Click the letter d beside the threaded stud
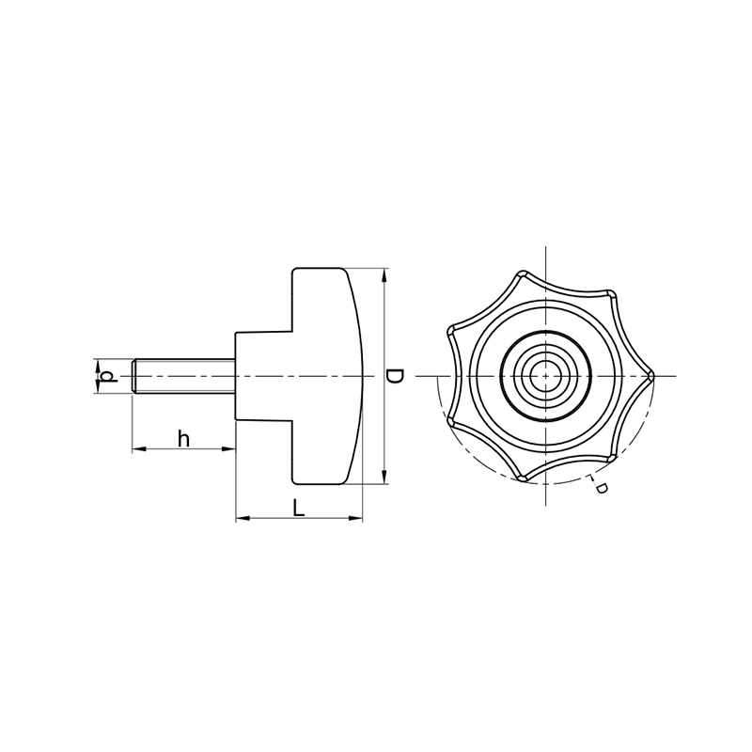pos(110,377)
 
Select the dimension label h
pos(183,438)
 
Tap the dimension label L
pos(299,508)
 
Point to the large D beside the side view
pos(395,376)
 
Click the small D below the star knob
pos(601,488)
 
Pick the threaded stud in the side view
pos(183,377)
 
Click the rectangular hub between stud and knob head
pos(264,377)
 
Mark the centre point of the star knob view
pos(546,376)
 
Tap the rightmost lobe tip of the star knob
pos(652,376)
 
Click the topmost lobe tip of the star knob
pos(522,274)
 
